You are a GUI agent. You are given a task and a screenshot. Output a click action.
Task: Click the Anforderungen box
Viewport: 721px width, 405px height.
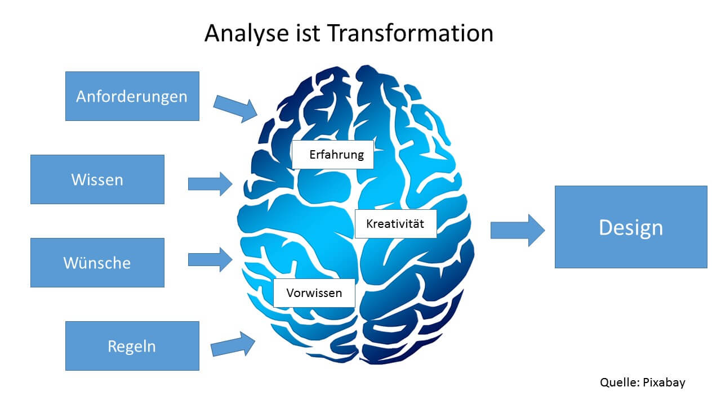pos(132,96)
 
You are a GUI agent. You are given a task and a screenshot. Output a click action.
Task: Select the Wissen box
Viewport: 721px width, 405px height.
pos(97,179)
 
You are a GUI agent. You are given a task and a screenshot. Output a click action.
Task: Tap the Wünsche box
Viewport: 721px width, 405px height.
pos(97,263)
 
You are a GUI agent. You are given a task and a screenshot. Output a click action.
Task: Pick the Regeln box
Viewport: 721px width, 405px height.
pos(132,346)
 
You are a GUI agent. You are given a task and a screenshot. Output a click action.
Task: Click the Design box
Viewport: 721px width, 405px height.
pos(630,227)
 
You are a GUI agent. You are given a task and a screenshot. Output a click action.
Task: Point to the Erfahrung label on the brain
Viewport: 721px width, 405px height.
pos(333,154)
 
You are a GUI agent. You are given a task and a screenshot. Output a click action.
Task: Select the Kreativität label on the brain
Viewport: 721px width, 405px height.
pos(395,223)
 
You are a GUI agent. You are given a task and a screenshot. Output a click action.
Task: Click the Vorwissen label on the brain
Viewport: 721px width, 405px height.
pos(314,292)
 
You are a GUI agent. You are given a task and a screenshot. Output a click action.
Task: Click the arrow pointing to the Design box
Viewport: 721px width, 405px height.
pos(517,230)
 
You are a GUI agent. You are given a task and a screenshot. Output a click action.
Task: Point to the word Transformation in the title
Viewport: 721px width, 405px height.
pos(410,34)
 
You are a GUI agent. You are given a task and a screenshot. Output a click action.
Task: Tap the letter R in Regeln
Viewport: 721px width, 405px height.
pos(112,346)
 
